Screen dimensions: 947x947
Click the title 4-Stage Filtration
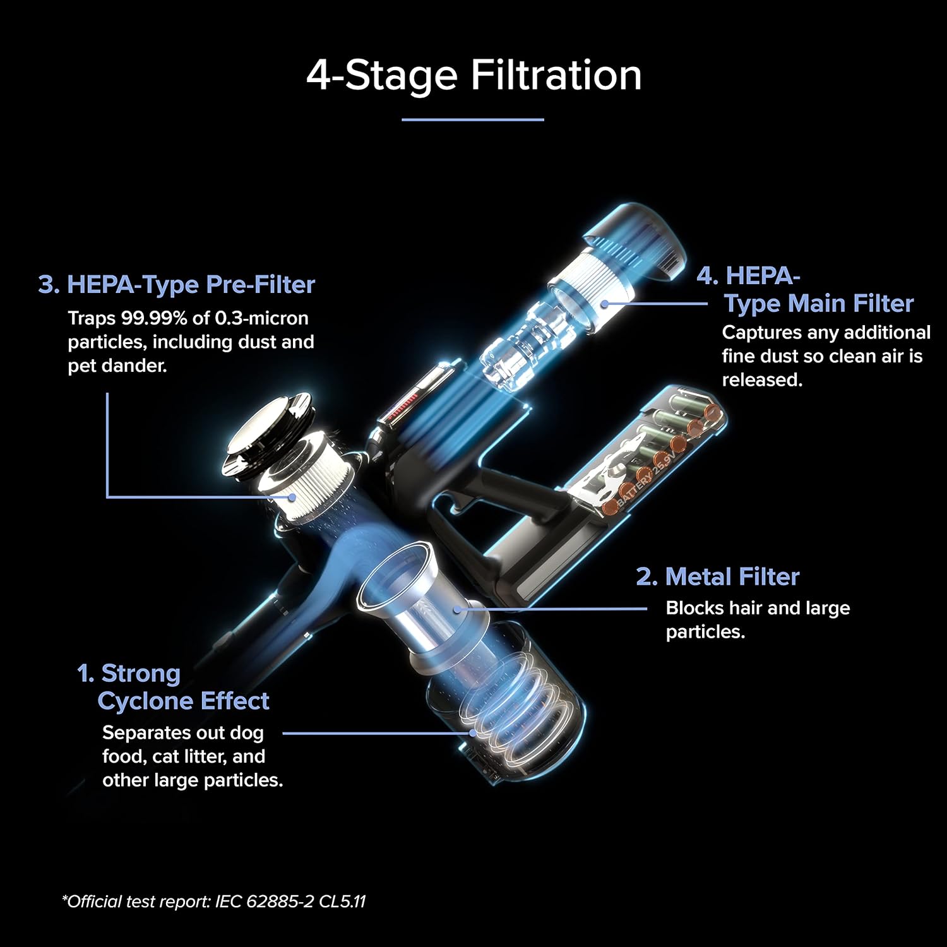[474, 75]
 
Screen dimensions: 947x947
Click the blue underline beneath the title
[473, 119]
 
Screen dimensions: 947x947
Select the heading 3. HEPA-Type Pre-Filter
[176, 285]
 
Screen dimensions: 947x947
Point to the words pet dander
[117, 366]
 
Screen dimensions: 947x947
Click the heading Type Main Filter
[819, 304]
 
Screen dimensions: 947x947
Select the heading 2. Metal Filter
[718, 576]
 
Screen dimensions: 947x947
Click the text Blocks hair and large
[758, 608]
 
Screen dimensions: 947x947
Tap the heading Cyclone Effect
[184, 701]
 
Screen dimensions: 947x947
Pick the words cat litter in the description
[190, 756]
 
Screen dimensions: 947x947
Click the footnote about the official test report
[213, 901]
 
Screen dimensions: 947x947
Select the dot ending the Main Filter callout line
[605, 303]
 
